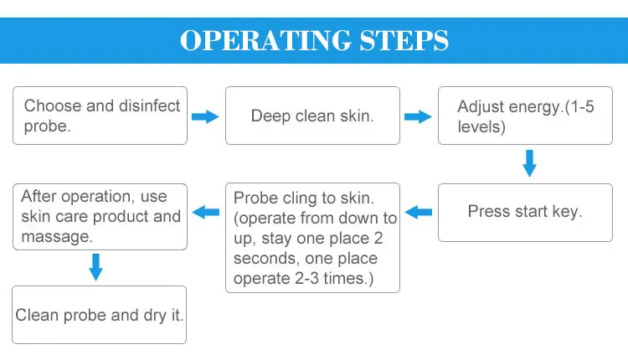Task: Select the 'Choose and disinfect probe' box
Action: [x=100, y=115]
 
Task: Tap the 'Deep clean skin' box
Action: [x=312, y=116]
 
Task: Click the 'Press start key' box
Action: [x=525, y=212]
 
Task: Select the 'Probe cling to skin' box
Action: [x=312, y=238]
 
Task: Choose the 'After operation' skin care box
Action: [x=100, y=217]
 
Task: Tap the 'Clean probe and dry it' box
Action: [x=100, y=315]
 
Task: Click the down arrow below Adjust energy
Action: [x=528, y=162]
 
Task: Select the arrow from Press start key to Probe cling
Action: [x=419, y=213]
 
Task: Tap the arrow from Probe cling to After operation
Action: [x=206, y=213]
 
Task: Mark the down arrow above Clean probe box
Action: [x=95, y=267]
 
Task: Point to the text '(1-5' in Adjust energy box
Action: [x=574, y=106]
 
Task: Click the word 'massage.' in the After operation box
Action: [x=57, y=237]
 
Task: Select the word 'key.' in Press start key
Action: [x=565, y=212]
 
